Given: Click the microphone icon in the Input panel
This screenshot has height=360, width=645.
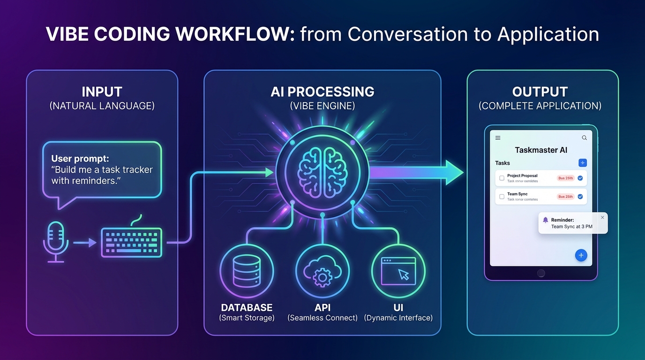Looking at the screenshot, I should [56, 239].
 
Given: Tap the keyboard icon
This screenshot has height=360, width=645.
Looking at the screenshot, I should [132, 242].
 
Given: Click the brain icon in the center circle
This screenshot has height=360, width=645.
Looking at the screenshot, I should [322, 172].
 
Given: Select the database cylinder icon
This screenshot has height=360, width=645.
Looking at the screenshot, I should [247, 270].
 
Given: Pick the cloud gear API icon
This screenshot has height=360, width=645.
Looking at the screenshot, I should [322, 271].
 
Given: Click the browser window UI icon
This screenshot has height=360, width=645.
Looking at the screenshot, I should [398, 271].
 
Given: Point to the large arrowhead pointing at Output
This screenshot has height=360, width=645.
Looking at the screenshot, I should [453, 172].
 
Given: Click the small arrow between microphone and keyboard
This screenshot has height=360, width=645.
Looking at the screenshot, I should [85, 243].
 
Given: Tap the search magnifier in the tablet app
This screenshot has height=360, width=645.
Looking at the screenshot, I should [584, 138].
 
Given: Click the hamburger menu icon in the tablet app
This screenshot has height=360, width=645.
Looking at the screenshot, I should [498, 138].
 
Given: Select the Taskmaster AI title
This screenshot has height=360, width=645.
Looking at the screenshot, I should [541, 150].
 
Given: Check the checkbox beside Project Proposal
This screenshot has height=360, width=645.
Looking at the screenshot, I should [502, 178].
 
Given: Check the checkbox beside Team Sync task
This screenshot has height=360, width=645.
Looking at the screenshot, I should [502, 197].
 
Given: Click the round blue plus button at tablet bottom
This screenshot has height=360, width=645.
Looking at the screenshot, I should [581, 255].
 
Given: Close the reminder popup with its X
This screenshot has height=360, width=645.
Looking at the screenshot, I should [602, 217].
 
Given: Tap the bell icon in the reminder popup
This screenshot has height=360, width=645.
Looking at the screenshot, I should [545, 220].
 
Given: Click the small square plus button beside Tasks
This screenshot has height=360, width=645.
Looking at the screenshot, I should [582, 163].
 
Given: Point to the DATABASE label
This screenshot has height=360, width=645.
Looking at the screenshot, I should [247, 307].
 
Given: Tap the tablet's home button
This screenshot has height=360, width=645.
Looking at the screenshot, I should [541, 273].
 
